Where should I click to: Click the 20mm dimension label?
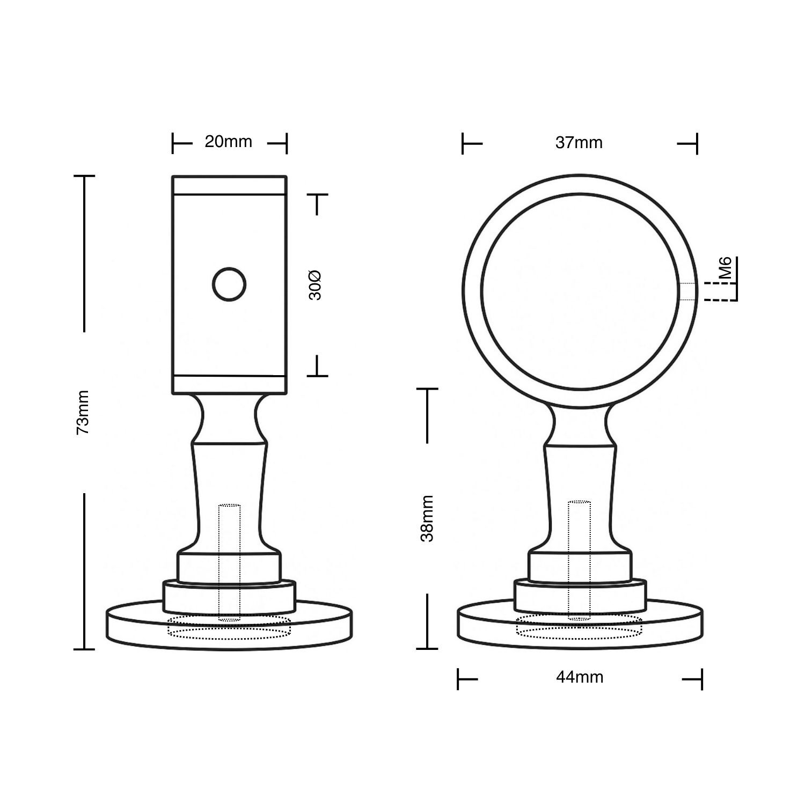click(228, 142)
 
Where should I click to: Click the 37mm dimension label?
click(579, 143)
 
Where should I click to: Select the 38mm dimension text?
click(427, 518)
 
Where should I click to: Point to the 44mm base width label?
click(580, 678)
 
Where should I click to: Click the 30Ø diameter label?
click(316, 285)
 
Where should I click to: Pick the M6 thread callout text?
click(726, 268)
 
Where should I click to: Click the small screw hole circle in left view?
click(229, 284)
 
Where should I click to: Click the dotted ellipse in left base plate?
click(229, 627)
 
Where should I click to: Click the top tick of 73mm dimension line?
click(84, 176)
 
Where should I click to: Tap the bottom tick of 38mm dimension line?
click(427, 648)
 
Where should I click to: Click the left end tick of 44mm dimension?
click(458, 679)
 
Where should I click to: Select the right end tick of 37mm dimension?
click(697, 143)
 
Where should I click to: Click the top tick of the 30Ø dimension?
click(318, 194)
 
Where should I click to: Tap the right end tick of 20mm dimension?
click(287, 143)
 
